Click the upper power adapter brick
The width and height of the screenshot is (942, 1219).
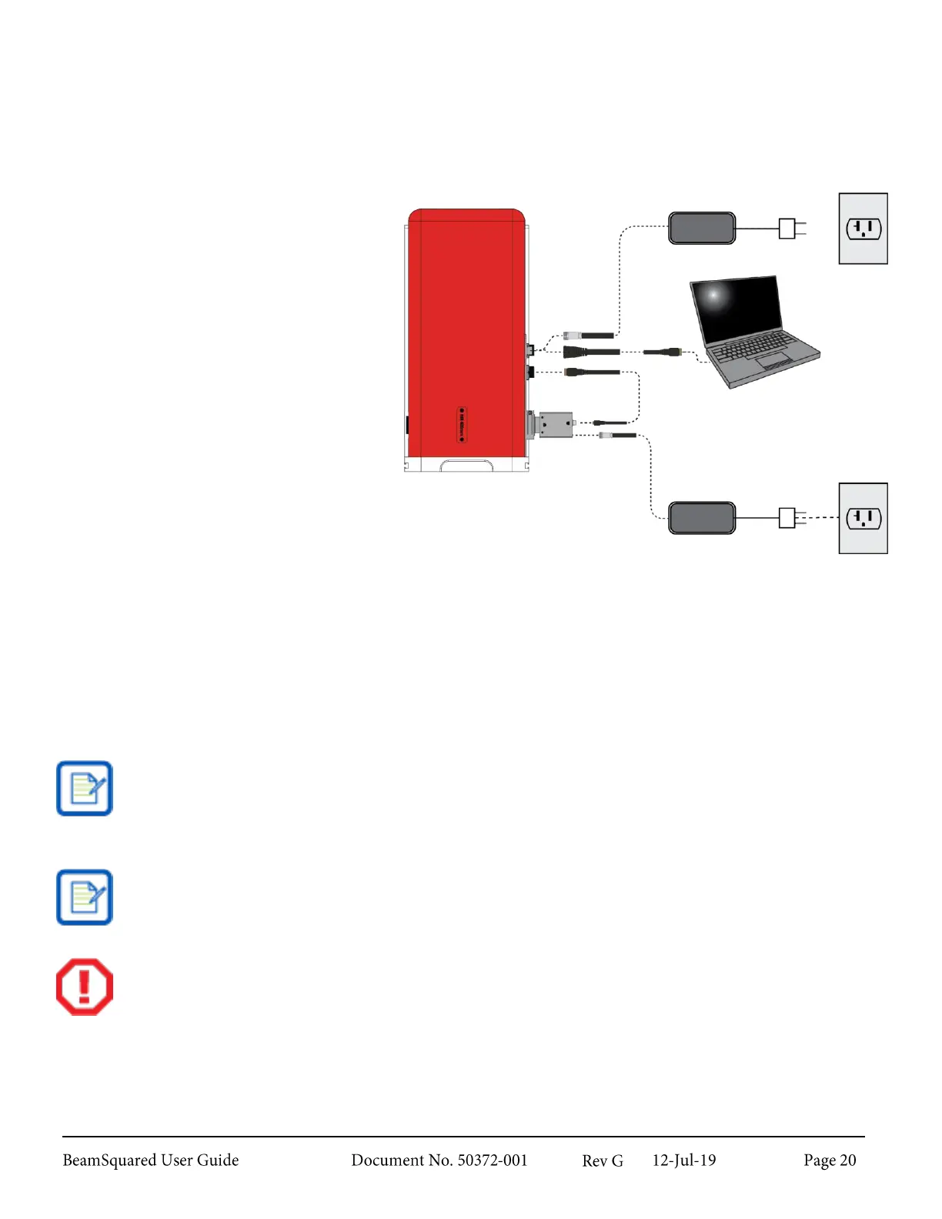tap(701, 228)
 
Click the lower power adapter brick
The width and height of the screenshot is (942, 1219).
tap(701, 518)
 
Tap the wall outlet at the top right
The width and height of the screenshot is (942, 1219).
tap(863, 229)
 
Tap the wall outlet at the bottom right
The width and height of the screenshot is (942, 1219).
tap(863, 518)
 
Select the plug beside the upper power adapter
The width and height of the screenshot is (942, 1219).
tap(789, 229)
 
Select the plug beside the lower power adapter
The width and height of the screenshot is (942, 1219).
tap(789, 518)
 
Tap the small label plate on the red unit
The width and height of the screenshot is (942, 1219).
tap(462, 425)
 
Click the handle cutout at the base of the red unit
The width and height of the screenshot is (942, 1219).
tap(466, 466)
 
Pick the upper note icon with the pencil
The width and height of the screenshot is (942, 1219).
tap(85, 789)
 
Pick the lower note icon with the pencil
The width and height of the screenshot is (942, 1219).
tap(85, 897)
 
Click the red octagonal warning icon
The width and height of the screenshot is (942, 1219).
tap(85, 987)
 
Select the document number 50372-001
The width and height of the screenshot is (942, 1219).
tap(493, 1161)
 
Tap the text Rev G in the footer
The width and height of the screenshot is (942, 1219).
tap(603, 1161)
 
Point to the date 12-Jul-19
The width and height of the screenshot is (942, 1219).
tap(683, 1161)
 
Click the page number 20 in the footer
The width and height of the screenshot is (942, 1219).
tap(847, 1161)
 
